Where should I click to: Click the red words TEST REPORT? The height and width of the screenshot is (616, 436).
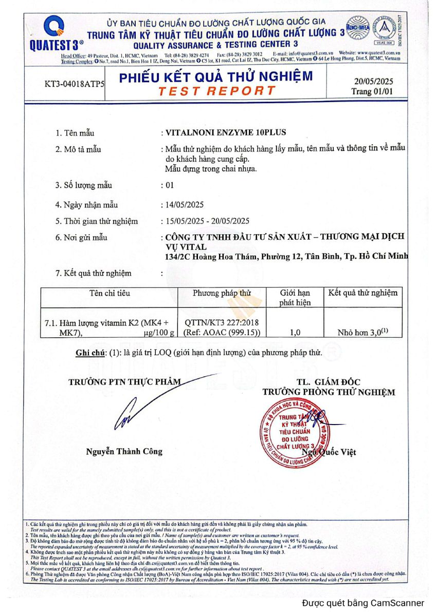tap(216, 91)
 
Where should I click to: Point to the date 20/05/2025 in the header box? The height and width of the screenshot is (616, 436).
tap(373, 81)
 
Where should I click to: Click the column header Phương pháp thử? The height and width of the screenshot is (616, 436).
tap(222, 293)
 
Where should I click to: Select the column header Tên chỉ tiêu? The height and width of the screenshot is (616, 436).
tap(110, 293)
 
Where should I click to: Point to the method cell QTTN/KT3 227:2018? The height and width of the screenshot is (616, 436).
tap(222, 322)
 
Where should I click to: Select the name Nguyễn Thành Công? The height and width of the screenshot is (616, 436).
tap(124, 451)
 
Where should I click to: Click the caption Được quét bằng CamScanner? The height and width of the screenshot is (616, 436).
tap(363, 603)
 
